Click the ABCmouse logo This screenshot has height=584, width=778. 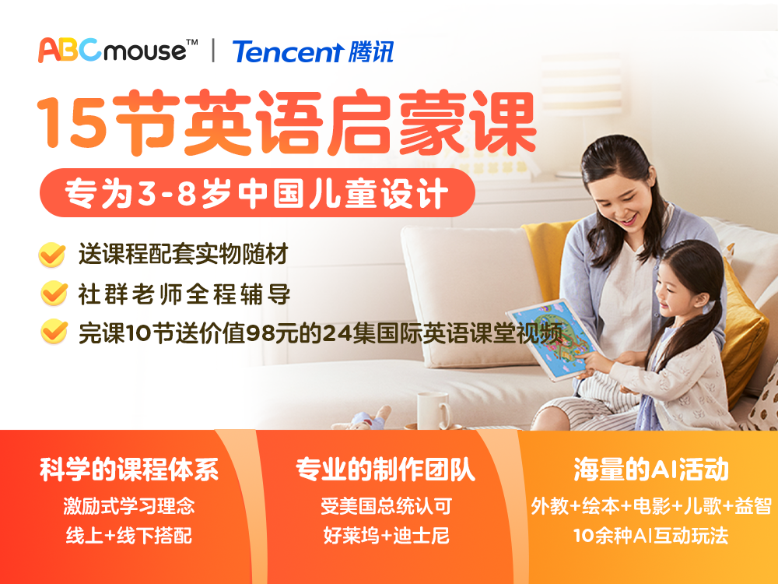(118, 50)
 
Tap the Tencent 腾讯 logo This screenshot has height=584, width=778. (313, 51)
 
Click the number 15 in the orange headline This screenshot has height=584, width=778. (72, 121)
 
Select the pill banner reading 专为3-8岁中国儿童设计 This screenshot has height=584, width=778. (257, 193)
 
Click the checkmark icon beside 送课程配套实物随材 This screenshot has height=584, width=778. (52, 255)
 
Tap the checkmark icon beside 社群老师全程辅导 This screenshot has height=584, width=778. (54, 293)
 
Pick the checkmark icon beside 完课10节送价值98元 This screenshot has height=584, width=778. (54, 331)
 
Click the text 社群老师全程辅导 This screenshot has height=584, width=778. (184, 294)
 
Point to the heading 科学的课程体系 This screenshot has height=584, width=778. (129, 470)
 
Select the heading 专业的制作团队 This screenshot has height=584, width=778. (386, 470)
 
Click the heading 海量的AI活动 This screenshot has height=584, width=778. (651, 470)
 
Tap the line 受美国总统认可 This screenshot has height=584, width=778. (386, 506)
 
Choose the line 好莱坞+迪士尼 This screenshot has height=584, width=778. (386, 536)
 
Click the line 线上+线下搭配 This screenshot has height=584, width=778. (129, 536)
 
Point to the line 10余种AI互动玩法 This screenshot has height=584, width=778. (650, 536)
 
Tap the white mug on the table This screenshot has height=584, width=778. (433, 410)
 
